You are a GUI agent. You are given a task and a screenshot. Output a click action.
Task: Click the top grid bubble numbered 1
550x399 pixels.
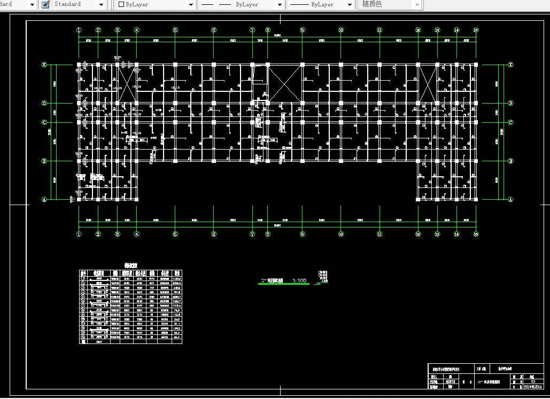(x=79, y=30)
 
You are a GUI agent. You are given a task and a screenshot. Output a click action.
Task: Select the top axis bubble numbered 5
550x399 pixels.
(x=175, y=30)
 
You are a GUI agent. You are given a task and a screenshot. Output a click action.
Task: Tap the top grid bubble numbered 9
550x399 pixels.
(x=303, y=30)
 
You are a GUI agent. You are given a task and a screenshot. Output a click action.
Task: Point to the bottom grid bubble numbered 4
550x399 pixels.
(x=137, y=234)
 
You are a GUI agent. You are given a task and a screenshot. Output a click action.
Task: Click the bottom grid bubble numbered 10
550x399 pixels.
(x=341, y=234)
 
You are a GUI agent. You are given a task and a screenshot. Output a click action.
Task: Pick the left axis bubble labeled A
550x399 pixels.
(x=44, y=200)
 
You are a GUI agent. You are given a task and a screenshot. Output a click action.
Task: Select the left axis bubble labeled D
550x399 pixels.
(x=44, y=103)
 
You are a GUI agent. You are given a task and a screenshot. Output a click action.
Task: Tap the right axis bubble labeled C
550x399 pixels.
(x=511, y=122)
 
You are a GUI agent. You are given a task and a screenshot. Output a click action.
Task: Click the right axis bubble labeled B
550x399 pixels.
(x=511, y=161)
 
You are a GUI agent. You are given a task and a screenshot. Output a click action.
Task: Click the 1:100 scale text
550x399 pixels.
(x=299, y=280)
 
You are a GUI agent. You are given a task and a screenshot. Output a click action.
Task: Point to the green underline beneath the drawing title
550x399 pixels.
(x=283, y=284)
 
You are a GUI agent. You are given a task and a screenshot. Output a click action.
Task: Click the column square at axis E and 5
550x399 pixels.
(x=175, y=65)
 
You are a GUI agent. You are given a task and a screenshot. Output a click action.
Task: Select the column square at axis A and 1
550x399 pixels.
(x=79, y=200)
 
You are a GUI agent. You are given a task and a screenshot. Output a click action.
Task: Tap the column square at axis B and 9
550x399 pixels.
(x=303, y=161)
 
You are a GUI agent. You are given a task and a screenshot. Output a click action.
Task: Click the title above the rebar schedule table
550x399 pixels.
(x=131, y=265)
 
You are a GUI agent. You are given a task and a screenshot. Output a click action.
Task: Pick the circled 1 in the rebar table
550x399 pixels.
(x=83, y=278)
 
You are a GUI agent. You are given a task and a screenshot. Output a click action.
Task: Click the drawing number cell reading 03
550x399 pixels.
(x=533, y=381)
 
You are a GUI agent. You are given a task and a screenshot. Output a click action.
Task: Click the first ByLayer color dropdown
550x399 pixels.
(x=156, y=4)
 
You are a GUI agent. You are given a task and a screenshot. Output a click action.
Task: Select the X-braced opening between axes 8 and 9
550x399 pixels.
(x=285, y=83)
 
